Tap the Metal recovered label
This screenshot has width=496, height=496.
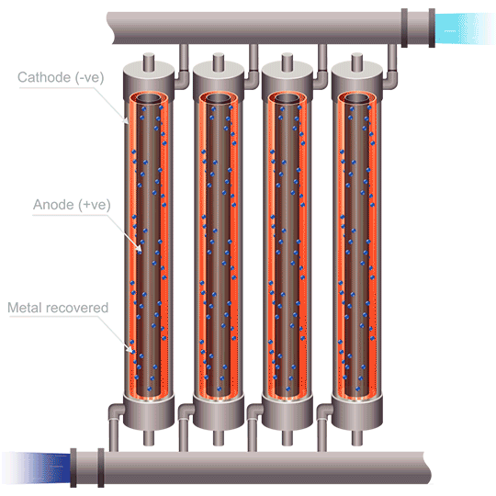pos(57,307)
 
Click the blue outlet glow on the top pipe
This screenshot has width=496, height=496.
pos(456,28)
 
